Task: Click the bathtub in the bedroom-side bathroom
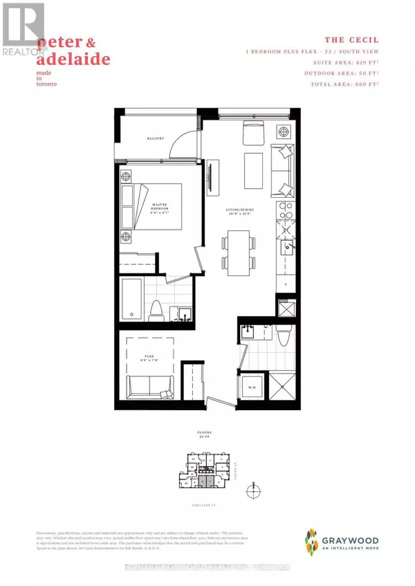(x=136, y=301)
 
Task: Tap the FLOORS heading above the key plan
(x=205, y=437)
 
